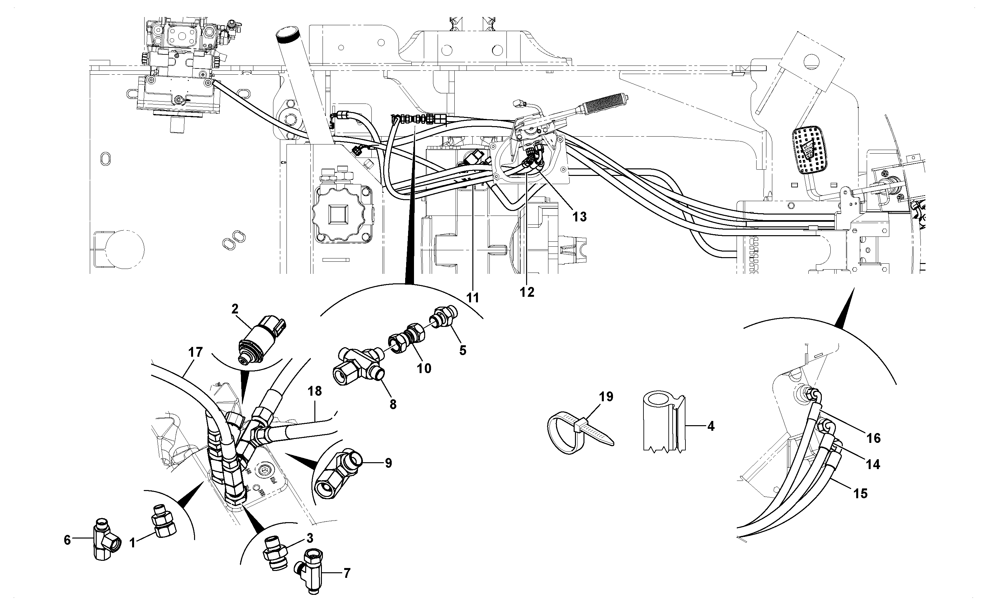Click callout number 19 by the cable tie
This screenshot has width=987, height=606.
coord(606,397)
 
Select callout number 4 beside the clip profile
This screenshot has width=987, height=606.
coord(711,426)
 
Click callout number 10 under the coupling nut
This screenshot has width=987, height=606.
coord(424,368)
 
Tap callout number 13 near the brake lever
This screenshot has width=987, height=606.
coord(580,217)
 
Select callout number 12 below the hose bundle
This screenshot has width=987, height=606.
coord(527,293)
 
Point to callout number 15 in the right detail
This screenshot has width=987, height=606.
coord(861,493)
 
